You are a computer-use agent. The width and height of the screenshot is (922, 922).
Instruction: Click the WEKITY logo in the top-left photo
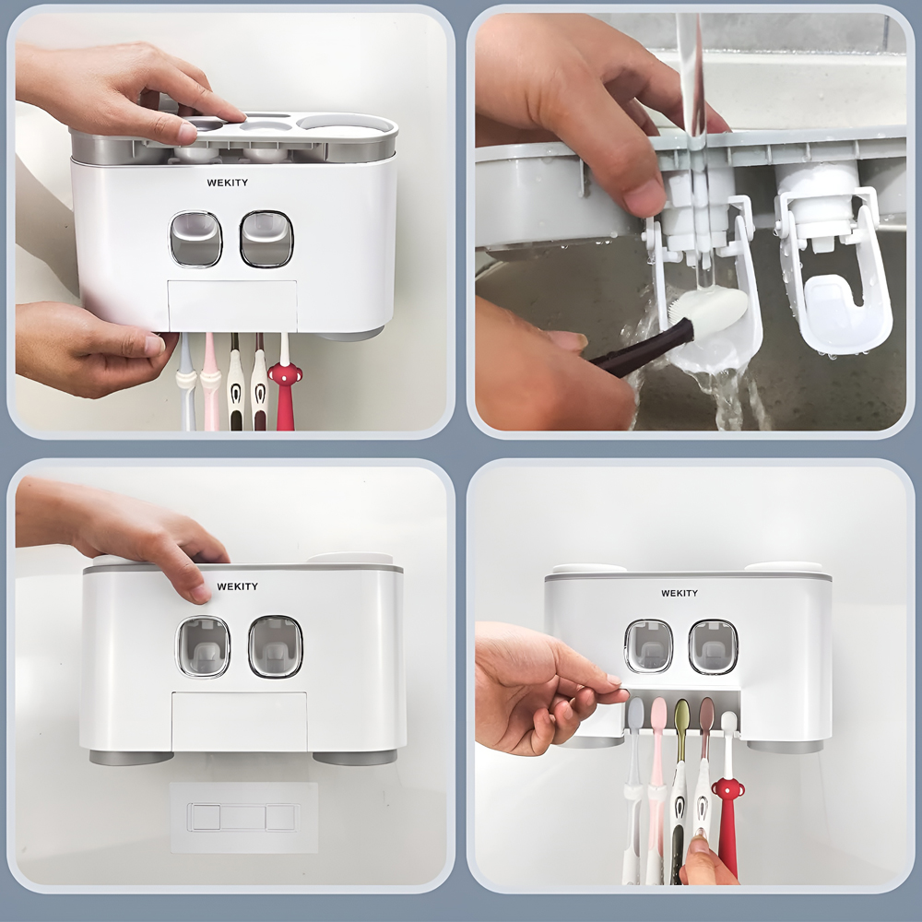(x=227, y=183)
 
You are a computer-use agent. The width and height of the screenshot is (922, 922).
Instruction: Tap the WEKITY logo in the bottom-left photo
(x=238, y=586)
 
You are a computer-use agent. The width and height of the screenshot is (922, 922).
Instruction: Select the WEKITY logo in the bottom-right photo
(x=680, y=593)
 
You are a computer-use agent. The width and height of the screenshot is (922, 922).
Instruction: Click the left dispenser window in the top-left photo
(x=195, y=239)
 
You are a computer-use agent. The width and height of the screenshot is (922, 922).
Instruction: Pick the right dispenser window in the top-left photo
(x=266, y=239)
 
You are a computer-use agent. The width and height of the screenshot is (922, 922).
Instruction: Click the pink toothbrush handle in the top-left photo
(x=210, y=383)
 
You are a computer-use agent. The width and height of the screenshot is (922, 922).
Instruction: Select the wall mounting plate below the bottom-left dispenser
(x=243, y=817)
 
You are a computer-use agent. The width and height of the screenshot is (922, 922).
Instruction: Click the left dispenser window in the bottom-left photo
(x=203, y=646)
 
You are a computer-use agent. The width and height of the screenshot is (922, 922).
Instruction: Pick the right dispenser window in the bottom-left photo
(x=275, y=646)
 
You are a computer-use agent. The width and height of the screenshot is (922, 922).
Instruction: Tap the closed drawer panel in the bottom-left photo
(x=240, y=722)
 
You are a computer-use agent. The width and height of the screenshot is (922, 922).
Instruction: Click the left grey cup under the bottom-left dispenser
(x=131, y=757)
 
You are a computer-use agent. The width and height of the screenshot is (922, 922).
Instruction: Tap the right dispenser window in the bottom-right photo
(x=713, y=646)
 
